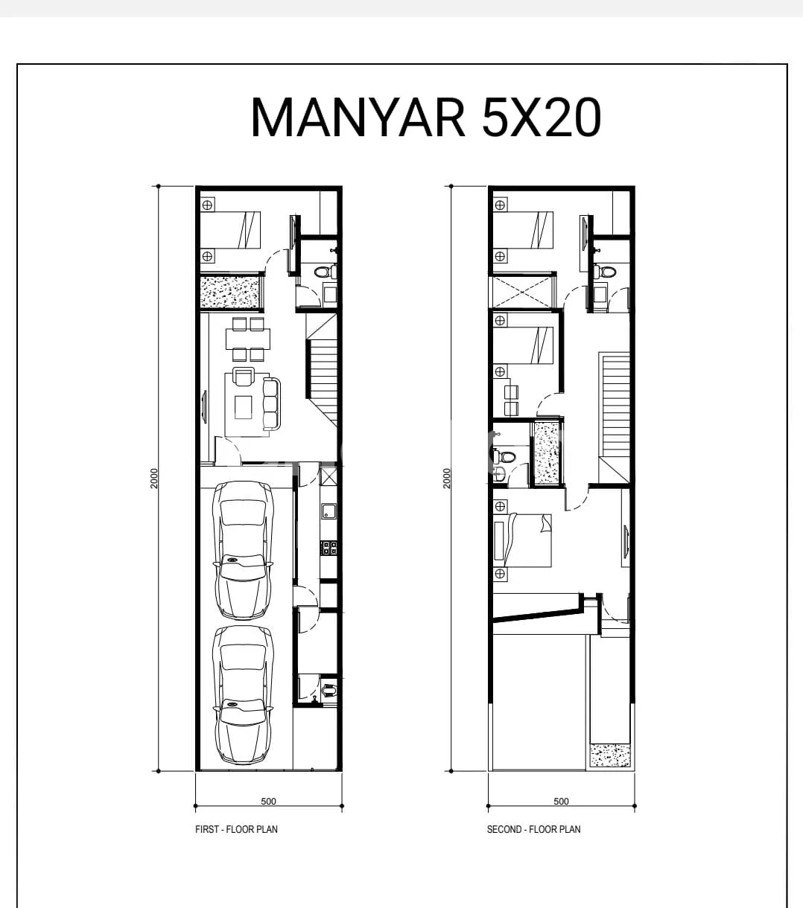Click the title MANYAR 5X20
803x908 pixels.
[x=426, y=118]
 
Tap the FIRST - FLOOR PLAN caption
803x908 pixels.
[x=236, y=829]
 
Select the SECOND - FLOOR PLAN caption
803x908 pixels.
[x=534, y=829]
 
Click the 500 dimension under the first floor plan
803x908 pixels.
[x=268, y=801]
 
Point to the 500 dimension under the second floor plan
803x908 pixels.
[x=561, y=801]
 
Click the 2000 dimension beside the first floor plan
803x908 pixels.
[x=154, y=479]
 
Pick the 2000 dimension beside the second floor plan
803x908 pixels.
[x=447, y=479]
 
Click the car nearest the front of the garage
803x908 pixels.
[x=243, y=695]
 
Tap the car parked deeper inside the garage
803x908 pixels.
[x=243, y=550]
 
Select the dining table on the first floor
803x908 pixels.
[x=248, y=339]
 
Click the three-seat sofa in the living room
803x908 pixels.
[x=271, y=404]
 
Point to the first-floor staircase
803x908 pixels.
[x=322, y=370]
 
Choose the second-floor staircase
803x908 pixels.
[x=614, y=418]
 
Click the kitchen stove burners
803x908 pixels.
[x=328, y=548]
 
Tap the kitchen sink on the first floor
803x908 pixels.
[x=328, y=511]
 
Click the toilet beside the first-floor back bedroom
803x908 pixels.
[x=325, y=272]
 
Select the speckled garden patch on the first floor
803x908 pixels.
[x=230, y=292]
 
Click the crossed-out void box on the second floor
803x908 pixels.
[x=522, y=292]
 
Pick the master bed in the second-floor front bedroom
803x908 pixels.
[x=523, y=540]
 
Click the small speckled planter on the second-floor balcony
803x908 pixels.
[x=610, y=755]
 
